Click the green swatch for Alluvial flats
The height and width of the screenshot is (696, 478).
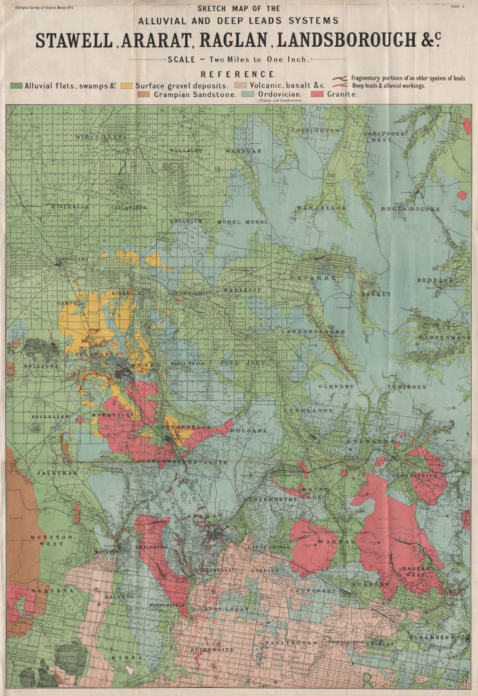(16, 85)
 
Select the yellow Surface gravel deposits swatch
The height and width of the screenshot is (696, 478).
(126, 85)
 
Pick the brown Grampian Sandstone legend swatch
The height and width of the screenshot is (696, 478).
(144, 94)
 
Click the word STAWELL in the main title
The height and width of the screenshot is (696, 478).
(73, 40)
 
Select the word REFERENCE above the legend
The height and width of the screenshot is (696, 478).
(237, 74)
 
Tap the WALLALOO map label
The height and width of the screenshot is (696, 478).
(186, 151)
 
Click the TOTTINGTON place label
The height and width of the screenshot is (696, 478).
(316, 130)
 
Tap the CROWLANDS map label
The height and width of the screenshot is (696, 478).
(308, 411)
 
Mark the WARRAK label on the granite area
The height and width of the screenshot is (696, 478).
(329, 542)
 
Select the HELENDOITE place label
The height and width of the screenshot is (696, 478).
(212, 649)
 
